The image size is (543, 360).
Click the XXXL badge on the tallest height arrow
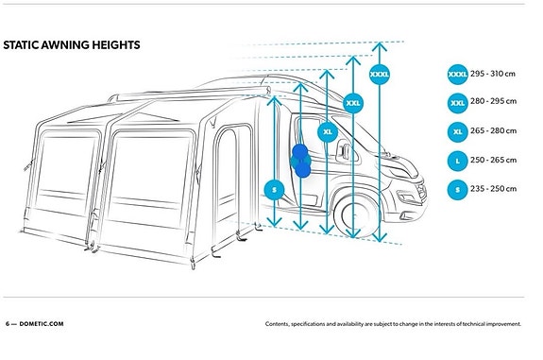click(x=380, y=74)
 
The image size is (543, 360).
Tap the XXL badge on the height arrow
click(x=353, y=103)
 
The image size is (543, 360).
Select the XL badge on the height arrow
click(x=328, y=132)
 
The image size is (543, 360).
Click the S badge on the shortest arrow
click(x=274, y=190)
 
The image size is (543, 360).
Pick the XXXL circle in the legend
click(x=457, y=74)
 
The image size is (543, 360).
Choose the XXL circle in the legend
click(x=457, y=103)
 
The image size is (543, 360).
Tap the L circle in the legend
click(x=457, y=161)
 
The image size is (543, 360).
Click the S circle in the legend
click(x=457, y=190)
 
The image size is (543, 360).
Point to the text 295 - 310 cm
click(x=493, y=74)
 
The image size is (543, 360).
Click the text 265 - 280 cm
click(x=493, y=131)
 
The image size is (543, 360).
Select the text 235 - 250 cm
click(x=493, y=189)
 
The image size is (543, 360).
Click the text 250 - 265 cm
click(x=493, y=160)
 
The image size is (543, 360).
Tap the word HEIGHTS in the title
click(x=116, y=45)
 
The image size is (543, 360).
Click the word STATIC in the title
click(x=21, y=45)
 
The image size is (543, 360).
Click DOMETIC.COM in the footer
click(x=42, y=324)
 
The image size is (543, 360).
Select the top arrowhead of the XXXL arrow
click(x=380, y=46)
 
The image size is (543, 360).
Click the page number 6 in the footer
click(x=8, y=324)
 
